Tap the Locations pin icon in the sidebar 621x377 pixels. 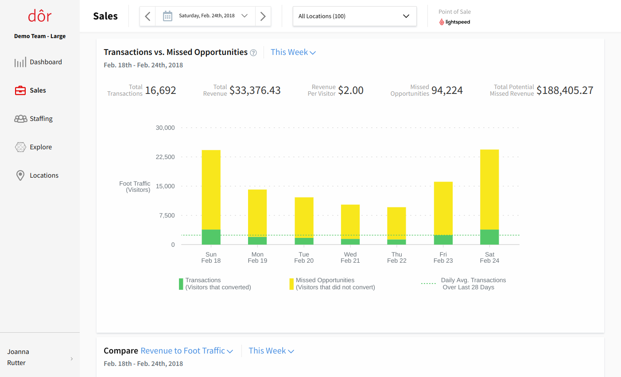coord(20,175)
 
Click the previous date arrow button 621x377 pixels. coord(147,16)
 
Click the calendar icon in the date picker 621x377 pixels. coord(167,16)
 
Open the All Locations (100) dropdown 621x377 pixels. coord(354,16)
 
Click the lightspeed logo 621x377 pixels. coord(454,22)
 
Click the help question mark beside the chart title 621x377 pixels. coord(253,53)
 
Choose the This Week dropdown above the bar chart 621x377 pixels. coord(293,52)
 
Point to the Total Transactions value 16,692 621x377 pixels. coord(160,90)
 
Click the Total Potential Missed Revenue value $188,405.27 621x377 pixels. coord(564,90)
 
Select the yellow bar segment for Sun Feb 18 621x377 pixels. coord(211,190)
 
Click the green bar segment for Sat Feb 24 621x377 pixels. coord(489,237)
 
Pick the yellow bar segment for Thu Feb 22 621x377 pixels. coord(396,223)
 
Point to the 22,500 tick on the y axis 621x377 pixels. coord(165,157)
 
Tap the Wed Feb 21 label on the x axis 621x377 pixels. coord(350,257)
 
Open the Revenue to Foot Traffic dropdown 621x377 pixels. coord(186,351)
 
